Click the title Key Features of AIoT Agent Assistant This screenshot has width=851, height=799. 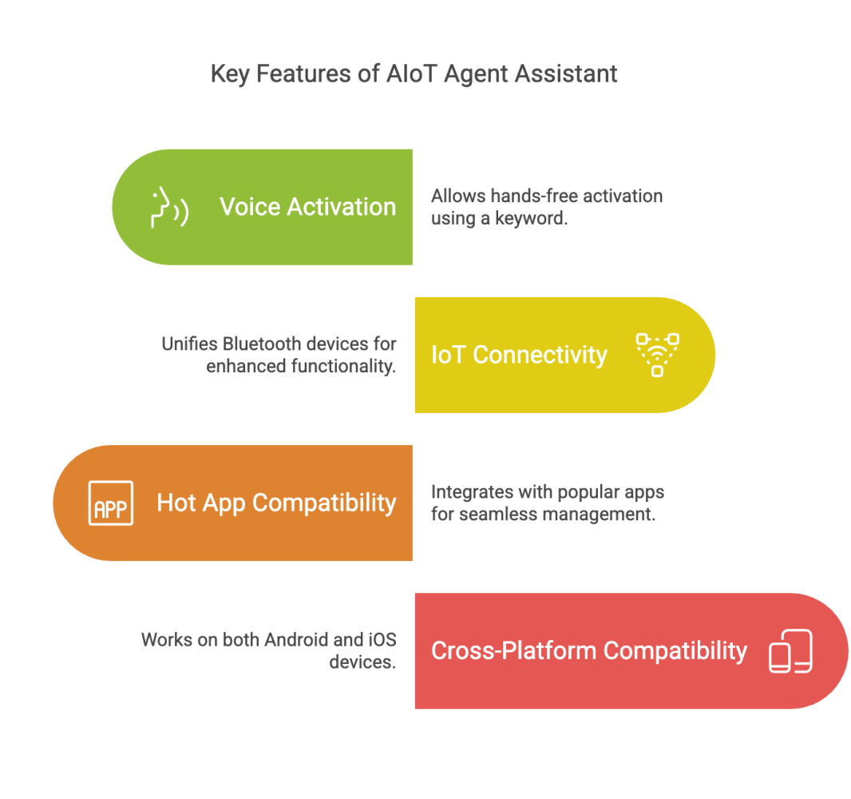point(414,74)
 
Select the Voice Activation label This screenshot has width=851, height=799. point(307,207)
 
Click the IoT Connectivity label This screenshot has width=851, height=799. point(519,356)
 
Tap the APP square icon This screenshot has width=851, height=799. point(111,503)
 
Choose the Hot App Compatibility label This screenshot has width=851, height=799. point(277,503)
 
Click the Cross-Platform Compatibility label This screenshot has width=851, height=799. point(589,650)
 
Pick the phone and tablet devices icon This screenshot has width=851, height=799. point(791,651)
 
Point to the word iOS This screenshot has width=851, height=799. point(382,640)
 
